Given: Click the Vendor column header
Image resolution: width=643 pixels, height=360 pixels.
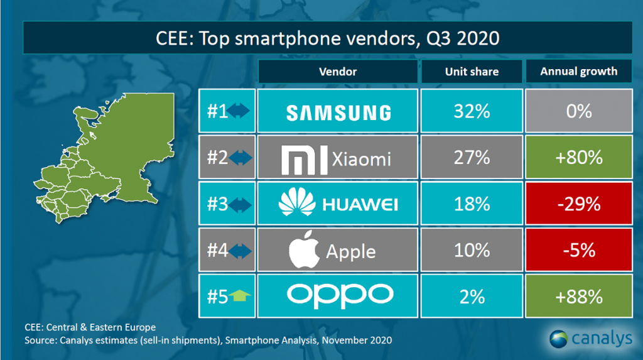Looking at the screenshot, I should (x=337, y=72).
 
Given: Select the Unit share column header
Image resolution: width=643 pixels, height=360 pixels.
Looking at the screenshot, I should (x=472, y=72).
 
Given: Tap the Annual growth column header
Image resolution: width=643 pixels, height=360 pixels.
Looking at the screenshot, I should (x=578, y=72).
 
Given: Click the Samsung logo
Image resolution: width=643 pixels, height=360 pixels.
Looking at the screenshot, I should (x=338, y=112).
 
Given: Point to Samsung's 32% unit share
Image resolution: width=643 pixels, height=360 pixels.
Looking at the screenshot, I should (x=472, y=112).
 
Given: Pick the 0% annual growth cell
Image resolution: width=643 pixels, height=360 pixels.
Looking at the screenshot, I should (x=578, y=112).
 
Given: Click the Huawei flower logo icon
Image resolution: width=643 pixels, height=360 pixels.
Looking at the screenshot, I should (x=296, y=204).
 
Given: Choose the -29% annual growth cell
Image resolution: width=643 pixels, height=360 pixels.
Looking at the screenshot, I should (x=578, y=204).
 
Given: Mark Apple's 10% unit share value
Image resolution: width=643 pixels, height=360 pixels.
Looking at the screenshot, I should (x=472, y=250).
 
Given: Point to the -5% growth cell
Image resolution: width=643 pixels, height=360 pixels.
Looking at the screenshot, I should (x=578, y=250).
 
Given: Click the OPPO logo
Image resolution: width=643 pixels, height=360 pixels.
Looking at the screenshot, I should (x=338, y=295).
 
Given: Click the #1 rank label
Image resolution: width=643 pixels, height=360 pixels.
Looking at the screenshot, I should (x=218, y=112).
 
